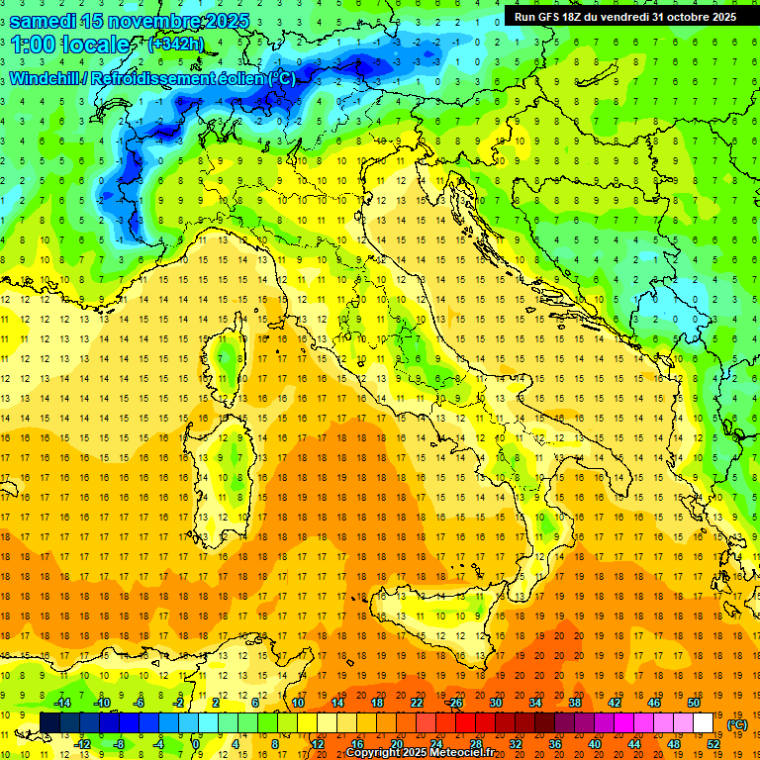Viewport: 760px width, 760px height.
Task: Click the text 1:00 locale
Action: (70, 45)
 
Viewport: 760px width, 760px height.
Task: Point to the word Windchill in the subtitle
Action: (47, 78)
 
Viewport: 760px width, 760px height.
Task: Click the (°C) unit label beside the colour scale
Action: (736, 724)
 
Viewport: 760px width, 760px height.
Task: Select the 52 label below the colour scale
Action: (713, 744)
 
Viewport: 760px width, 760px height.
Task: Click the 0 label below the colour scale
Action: (196, 744)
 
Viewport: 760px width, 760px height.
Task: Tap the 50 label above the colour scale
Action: (694, 702)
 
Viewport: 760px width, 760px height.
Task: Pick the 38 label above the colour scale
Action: (575, 702)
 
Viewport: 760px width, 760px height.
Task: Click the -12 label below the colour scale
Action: (82, 744)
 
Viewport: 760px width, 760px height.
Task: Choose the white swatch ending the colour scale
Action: (704, 722)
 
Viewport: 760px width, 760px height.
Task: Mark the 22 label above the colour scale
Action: (417, 702)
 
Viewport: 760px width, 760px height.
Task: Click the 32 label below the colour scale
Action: (516, 744)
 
